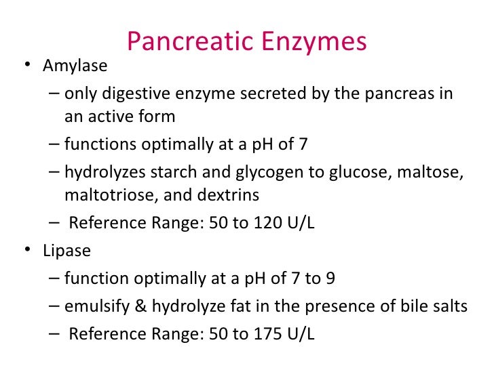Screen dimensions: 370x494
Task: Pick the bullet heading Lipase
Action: (66, 250)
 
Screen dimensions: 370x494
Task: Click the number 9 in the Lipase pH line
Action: (329, 278)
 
